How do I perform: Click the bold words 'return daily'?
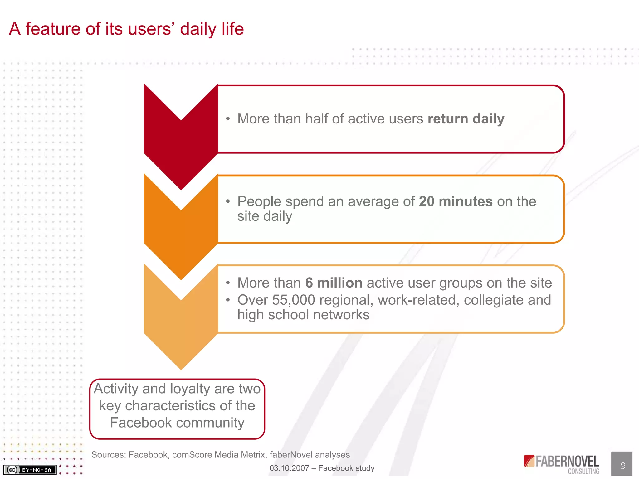pyautogui.click(x=466, y=119)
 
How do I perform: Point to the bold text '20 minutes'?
pyautogui.click(x=456, y=201)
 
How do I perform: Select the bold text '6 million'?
pyautogui.click(x=334, y=283)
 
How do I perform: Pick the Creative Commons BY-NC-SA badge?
pyautogui.click(x=30, y=470)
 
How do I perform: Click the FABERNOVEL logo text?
pyautogui.click(x=567, y=462)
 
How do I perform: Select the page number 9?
pyautogui.click(x=623, y=466)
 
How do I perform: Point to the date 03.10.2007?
pyautogui.click(x=289, y=468)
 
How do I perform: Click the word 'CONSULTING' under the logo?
pyautogui.click(x=583, y=472)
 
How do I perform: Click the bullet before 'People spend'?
pyautogui.click(x=228, y=201)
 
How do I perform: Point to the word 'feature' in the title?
pyautogui.click(x=53, y=29)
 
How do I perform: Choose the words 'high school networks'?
pyautogui.click(x=303, y=315)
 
